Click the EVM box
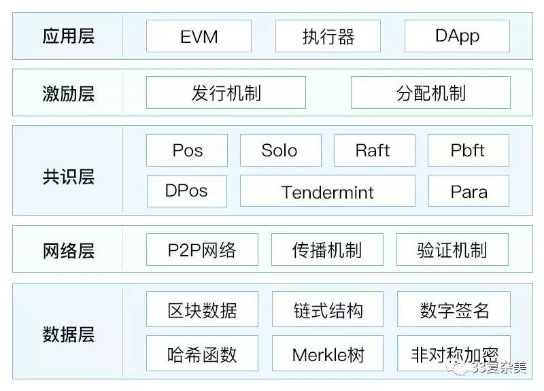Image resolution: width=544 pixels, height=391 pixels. (199, 36)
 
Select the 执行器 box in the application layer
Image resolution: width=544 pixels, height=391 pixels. (328, 36)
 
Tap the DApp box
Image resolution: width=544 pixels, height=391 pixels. (457, 36)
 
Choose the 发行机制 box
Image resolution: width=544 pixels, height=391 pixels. (226, 92)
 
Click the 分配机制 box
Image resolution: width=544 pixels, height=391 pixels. (430, 92)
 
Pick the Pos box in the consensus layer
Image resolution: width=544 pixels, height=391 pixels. (187, 150)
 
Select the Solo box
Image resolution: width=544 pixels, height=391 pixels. (280, 150)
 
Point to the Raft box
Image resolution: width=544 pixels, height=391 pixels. (374, 150)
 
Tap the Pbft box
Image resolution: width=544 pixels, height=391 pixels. (468, 150)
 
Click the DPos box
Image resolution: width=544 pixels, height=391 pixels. (187, 191)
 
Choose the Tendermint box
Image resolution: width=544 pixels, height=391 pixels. (327, 191)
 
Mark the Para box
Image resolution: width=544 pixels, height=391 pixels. (468, 191)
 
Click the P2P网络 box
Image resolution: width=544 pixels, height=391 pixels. (202, 250)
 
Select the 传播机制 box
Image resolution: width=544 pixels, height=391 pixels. (327, 250)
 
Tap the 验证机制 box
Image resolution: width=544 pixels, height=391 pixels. (452, 250)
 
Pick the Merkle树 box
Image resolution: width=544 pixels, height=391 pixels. (328, 354)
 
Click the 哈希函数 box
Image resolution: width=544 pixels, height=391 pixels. (202, 354)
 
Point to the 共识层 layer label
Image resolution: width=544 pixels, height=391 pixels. (68, 177)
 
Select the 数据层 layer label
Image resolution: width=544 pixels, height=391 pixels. (68, 335)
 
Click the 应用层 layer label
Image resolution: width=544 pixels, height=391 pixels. (68, 36)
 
